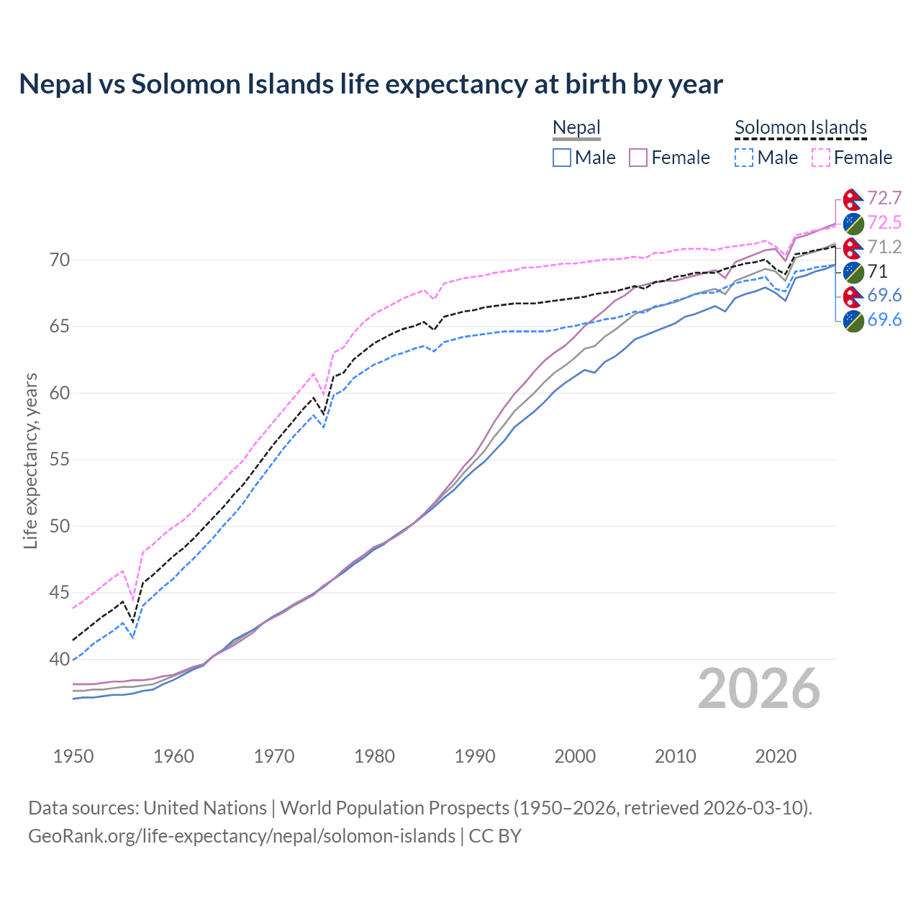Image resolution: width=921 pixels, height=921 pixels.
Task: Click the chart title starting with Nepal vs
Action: [x=371, y=84]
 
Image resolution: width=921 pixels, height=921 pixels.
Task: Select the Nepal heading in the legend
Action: [x=576, y=128]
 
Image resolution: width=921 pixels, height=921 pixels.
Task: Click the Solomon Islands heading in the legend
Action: [x=800, y=128]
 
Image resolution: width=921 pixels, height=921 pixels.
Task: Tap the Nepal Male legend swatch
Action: [x=562, y=158]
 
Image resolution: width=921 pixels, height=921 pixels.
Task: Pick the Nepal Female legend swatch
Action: [x=638, y=158]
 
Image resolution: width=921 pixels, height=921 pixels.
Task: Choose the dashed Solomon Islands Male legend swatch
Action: [x=744, y=158]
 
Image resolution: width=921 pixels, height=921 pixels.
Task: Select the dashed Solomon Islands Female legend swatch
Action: [x=820, y=158]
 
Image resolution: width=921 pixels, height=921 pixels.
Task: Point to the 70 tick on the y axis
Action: [x=60, y=260]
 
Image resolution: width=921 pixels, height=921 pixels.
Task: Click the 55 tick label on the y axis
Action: [x=60, y=460]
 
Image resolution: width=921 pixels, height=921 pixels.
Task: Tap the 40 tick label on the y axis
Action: [x=60, y=659]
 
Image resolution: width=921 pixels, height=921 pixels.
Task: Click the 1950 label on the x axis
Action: [x=73, y=756]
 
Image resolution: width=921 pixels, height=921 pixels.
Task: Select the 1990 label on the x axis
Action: [x=475, y=756]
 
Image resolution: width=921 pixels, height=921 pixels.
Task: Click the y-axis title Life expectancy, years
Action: [x=30, y=460]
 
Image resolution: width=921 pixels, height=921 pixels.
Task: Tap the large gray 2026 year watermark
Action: [x=759, y=689]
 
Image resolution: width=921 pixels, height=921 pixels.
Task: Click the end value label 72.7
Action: [x=884, y=199]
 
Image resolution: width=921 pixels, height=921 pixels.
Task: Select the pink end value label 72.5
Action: [x=884, y=223]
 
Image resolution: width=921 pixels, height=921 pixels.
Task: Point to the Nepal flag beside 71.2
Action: [x=853, y=248]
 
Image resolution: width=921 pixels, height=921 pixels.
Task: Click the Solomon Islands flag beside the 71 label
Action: [x=853, y=272]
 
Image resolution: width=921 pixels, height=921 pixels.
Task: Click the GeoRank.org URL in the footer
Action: [x=242, y=836]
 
